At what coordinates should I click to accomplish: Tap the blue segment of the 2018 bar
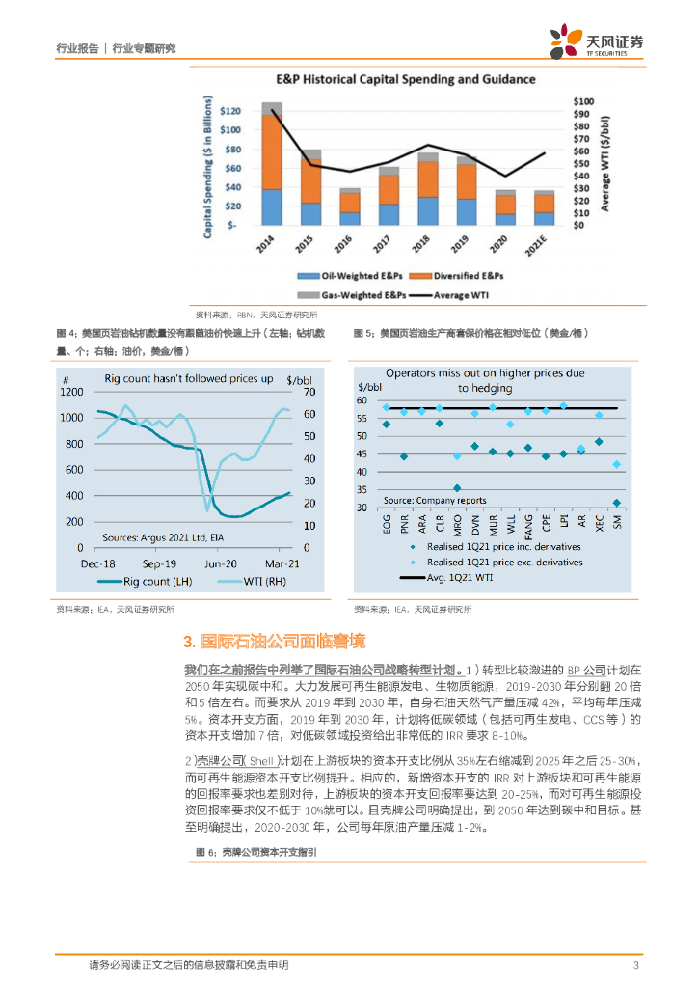coord(428,210)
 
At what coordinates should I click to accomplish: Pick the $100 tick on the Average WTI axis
coord(584,101)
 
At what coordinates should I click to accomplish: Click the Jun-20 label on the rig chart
coord(220,563)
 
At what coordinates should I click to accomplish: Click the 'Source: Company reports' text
coord(435,501)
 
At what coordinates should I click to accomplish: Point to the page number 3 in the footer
coord(635,965)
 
